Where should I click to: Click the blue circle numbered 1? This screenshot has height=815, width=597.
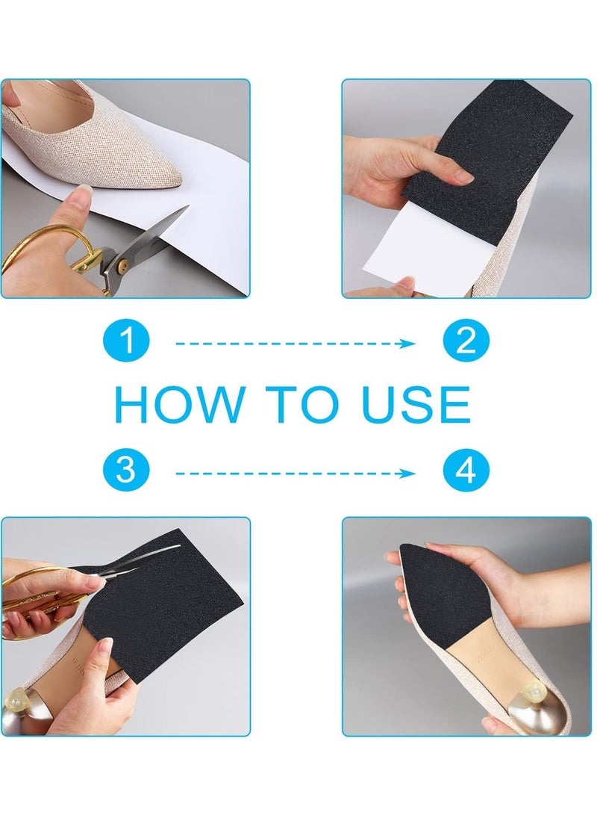pyautogui.click(x=127, y=344)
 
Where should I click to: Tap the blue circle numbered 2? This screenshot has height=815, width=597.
pyautogui.click(x=466, y=344)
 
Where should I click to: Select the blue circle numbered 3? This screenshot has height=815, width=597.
pyautogui.click(x=127, y=472)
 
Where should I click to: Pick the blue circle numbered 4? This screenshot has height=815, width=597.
pyautogui.click(x=466, y=472)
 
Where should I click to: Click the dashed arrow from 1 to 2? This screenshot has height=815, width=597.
pyautogui.click(x=295, y=344)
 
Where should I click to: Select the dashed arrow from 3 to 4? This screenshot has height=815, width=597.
pyautogui.click(x=295, y=472)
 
